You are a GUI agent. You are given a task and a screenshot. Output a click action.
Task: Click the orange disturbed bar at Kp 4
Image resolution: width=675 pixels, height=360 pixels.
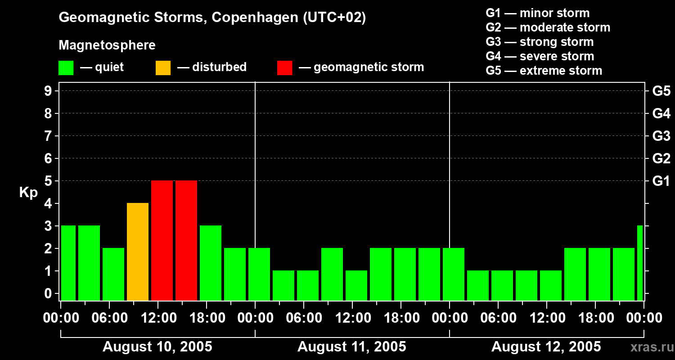(x=138, y=252)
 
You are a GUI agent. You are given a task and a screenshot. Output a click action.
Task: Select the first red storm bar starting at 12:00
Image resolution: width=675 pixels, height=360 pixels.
(x=162, y=241)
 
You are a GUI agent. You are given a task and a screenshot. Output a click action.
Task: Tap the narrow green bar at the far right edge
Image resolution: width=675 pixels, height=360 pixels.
(x=640, y=263)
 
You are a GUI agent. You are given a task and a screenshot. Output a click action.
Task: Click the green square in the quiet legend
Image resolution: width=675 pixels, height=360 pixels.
(x=66, y=68)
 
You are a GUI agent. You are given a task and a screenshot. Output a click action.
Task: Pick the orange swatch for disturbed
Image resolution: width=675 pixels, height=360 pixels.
(x=163, y=68)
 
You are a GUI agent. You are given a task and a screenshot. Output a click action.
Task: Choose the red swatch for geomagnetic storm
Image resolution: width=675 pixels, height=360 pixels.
(x=284, y=68)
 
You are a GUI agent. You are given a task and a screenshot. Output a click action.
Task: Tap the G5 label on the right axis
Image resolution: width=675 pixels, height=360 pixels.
(x=661, y=91)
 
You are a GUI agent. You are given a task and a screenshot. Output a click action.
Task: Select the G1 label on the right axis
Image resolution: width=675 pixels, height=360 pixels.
(x=661, y=181)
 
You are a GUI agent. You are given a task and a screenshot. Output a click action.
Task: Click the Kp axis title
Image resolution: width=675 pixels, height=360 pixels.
(x=28, y=193)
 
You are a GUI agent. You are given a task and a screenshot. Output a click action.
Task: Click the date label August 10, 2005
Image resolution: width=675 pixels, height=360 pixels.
(x=157, y=347)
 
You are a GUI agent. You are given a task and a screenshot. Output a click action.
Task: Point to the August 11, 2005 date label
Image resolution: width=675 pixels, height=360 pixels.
(x=352, y=347)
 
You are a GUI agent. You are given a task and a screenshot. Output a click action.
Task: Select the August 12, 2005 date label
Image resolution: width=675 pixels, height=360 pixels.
(x=546, y=347)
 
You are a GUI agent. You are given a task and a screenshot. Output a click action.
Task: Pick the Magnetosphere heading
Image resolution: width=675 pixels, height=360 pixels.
(x=107, y=45)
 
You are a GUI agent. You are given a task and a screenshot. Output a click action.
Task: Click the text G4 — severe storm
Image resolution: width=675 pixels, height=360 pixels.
(x=540, y=56)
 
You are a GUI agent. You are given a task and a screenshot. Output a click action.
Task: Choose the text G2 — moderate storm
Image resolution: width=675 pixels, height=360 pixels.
(x=548, y=27)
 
